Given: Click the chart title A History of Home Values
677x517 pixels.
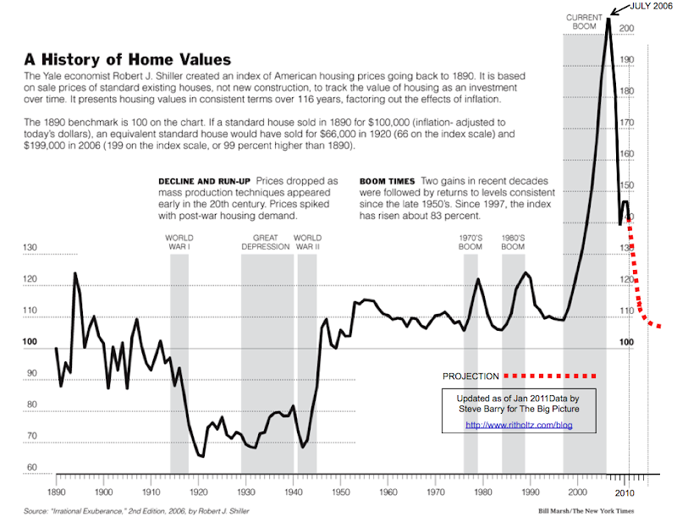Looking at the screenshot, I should point(116,60).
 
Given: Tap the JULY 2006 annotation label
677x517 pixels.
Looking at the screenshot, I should point(652,8).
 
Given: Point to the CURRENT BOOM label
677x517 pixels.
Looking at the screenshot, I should point(585,22).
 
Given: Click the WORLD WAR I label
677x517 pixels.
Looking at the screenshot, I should point(179,242).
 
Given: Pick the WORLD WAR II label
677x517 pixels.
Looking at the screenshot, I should point(307,242).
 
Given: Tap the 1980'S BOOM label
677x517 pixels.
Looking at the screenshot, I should point(514,242).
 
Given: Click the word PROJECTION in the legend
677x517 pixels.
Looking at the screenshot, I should point(471,376).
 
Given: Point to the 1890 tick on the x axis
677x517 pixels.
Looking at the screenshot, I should point(56,492).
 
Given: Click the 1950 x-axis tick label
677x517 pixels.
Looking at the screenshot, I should point(341,492).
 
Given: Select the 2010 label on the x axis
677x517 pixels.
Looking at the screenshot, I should point(626,492).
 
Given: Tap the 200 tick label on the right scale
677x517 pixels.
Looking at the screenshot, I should point(626,29).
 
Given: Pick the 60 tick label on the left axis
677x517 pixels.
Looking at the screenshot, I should point(32,468).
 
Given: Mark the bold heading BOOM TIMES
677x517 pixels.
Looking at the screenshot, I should point(387,182).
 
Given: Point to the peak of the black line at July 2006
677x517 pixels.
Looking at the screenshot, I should point(608,19).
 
